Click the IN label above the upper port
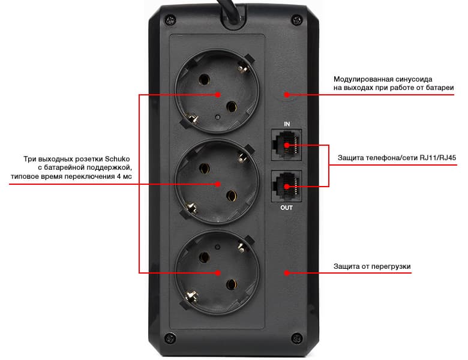pos(287,124)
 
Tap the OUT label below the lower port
pos(287,208)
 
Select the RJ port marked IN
pos(286,145)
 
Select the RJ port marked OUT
pos(286,186)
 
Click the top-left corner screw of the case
pos(170,20)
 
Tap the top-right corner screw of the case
pos(296,20)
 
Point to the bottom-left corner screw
pos(170,338)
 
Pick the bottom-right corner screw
pos(296,338)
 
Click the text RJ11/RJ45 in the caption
pos(438,158)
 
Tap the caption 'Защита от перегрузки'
pos(372,266)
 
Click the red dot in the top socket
pos(218,95)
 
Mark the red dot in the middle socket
pos(218,184)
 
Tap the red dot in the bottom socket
pos(218,273)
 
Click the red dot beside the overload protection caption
pos(287,273)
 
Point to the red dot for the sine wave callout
pos(287,95)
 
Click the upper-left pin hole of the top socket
pos(204,80)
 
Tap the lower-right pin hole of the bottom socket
pos(232,285)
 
